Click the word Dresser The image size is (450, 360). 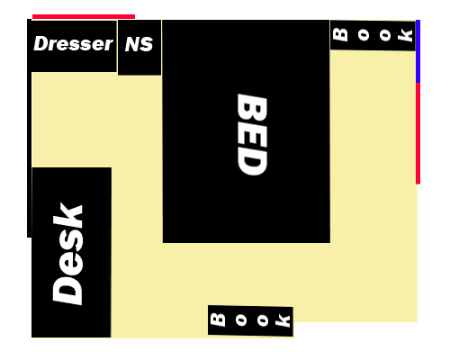73,44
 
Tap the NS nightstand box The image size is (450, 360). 139,48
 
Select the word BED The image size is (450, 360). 252,134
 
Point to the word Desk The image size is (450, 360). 67,254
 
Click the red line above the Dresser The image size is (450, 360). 84,16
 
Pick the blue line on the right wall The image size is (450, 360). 418,51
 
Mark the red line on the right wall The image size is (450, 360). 418,133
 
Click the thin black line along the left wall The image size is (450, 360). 29,128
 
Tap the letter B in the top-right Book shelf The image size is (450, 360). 340,35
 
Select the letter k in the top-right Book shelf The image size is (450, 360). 405,35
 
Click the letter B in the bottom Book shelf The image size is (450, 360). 218,319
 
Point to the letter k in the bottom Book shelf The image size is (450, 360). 283,321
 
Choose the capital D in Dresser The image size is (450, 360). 41,43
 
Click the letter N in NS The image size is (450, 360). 132,44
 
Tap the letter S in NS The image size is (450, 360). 147,44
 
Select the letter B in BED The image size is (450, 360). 252,107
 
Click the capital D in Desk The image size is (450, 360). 67,290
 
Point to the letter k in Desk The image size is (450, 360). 67,215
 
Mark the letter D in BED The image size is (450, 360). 252,162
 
